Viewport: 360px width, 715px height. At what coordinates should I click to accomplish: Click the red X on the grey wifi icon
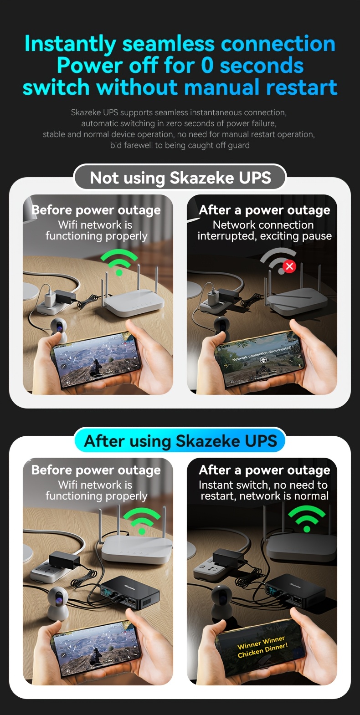[290, 266]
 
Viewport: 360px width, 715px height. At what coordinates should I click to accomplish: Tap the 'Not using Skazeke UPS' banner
[180, 178]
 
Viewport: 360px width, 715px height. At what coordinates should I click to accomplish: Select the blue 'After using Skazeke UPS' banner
[180, 440]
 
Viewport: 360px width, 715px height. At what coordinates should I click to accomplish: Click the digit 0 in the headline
[207, 66]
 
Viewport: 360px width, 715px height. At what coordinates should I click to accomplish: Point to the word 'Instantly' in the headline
[70, 44]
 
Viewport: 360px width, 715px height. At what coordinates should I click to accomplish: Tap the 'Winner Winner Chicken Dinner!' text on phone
[262, 646]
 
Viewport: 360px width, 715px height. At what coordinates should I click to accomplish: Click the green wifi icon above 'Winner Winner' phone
[307, 518]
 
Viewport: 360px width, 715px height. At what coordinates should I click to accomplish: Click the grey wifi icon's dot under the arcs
[281, 271]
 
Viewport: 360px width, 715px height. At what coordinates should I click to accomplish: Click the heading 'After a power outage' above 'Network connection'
[264, 210]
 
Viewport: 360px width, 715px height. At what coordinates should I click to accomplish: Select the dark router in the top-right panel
[295, 295]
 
